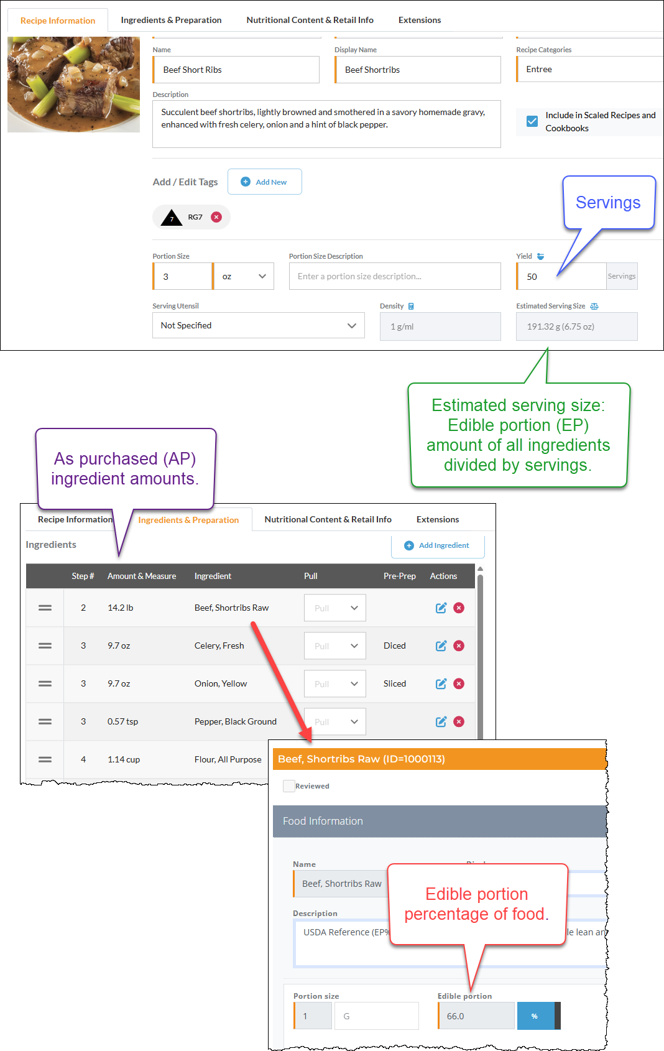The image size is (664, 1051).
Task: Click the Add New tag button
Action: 264,182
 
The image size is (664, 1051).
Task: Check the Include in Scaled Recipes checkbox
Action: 532,121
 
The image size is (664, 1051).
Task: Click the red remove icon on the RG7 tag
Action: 216,217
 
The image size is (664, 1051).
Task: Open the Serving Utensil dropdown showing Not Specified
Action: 258,325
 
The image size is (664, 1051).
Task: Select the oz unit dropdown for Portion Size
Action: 244,276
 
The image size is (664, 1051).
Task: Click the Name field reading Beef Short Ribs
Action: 236,70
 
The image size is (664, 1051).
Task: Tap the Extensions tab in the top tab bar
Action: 420,20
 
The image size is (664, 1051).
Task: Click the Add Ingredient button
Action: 437,545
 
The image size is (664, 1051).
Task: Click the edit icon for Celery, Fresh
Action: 441,646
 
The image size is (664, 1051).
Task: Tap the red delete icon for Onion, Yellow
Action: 459,683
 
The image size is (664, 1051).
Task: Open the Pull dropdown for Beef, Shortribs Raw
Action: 334,608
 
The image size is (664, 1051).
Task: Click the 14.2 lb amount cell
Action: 121,608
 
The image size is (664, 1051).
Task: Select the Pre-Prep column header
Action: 399,576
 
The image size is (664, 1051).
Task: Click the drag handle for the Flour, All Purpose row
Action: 45,759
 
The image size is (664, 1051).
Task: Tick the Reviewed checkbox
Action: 288,786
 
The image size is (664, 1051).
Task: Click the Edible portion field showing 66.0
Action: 476,1016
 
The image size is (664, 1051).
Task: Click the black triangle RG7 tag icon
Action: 172,217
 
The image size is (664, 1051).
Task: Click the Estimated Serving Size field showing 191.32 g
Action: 576,326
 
